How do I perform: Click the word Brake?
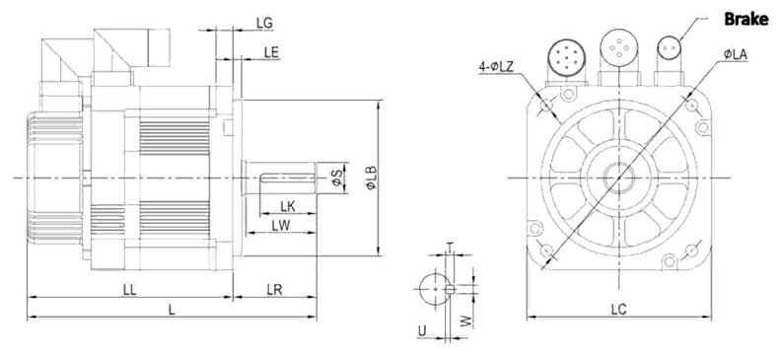click(746, 20)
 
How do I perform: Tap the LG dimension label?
click(264, 23)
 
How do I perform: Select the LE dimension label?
click(271, 52)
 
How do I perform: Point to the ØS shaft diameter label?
click(337, 178)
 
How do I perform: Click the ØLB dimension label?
click(371, 178)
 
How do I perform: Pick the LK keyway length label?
click(288, 205)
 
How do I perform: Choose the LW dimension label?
click(281, 226)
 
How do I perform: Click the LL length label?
click(130, 290)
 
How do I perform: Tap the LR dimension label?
click(274, 290)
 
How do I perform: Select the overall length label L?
click(172, 310)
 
